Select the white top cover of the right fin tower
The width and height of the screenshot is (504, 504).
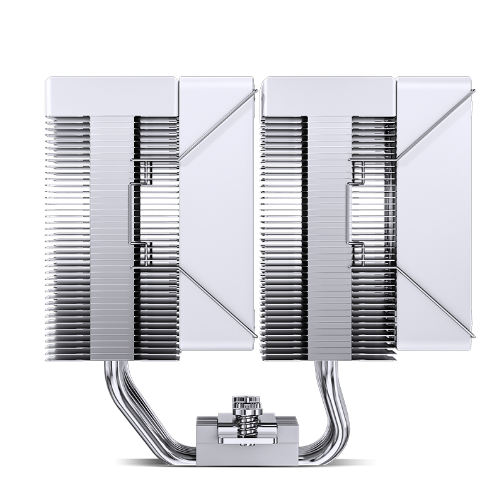click(x=328, y=96)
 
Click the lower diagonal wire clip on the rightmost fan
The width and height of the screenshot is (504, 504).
click(x=435, y=299)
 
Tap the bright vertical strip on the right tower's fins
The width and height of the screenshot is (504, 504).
click(x=329, y=239)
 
